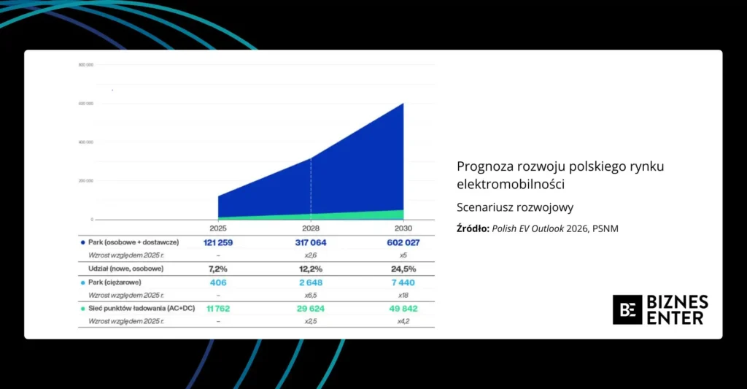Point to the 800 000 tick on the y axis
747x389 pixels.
click(x=85, y=65)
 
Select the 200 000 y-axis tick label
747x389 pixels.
click(x=85, y=180)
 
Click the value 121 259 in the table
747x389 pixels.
click(x=219, y=242)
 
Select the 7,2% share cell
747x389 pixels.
click(x=219, y=269)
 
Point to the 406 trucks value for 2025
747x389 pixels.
click(x=219, y=282)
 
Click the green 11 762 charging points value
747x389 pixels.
click(x=218, y=309)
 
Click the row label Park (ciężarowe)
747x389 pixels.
click(x=115, y=282)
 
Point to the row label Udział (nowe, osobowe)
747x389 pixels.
click(x=121, y=269)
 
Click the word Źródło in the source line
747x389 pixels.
click(x=473, y=229)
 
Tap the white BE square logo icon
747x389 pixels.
click(x=627, y=309)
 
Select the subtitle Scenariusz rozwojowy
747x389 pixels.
click(x=515, y=207)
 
